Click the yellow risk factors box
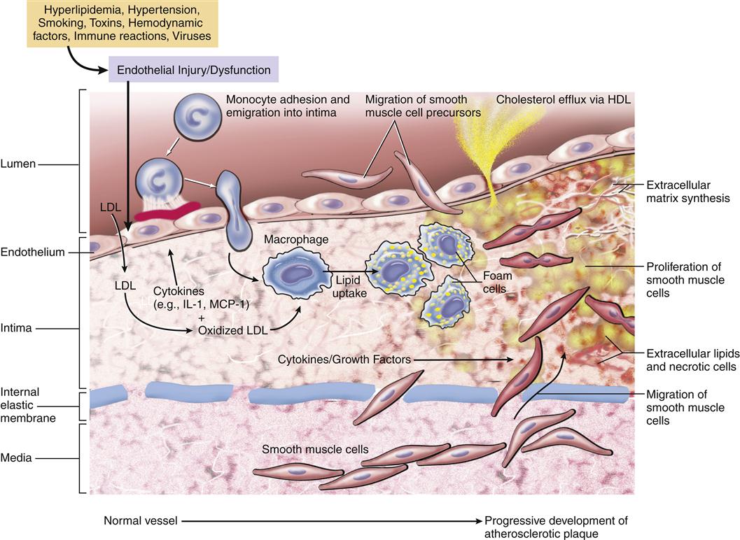(x=123, y=23)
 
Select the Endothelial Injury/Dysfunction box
(x=193, y=70)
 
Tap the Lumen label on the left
(x=18, y=164)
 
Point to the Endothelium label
(x=33, y=252)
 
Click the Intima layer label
(x=16, y=328)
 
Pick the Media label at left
(x=16, y=457)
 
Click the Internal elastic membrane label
(x=28, y=404)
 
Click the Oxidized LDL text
(x=232, y=331)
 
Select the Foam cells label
(x=497, y=282)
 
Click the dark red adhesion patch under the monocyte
(x=167, y=210)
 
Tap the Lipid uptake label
(x=350, y=286)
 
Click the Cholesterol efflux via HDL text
(x=564, y=99)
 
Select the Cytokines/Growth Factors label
(x=344, y=360)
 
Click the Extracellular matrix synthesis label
(x=687, y=192)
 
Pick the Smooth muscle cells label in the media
(x=315, y=450)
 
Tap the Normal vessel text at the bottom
(x=141, y=520)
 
